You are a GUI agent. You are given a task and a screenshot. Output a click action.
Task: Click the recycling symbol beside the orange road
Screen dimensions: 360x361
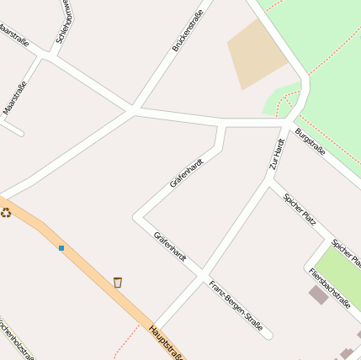(x=6, y=213)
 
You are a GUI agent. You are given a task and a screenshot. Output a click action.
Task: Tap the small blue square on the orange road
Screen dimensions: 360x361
(x=61, y=248)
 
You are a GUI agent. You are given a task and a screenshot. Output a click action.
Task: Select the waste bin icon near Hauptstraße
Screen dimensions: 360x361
(x=118, y=282)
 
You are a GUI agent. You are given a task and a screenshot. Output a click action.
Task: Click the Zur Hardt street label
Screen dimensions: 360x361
(x=277, y=155)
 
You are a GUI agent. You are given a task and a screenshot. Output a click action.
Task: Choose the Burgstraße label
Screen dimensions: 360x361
(x=310, y=140)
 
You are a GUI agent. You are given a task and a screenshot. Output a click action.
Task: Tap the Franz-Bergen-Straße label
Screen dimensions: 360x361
(x=236, y=304)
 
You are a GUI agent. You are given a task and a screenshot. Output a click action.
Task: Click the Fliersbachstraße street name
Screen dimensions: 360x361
(x=329, y=289)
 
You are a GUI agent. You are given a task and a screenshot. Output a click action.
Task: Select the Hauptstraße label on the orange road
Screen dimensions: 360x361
(x=166, y=341)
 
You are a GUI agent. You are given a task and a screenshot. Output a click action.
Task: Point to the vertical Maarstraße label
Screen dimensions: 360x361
(x=16, y=97)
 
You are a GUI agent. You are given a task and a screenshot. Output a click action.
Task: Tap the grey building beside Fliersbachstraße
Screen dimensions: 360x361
(x=318, y=294)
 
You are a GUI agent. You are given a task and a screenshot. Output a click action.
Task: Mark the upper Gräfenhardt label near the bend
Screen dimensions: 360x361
(x=187, y=172)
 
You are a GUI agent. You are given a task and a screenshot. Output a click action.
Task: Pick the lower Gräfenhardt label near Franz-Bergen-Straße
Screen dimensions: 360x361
(x=170, y=246)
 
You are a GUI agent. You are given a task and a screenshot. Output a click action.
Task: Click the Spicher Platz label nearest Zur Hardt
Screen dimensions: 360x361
(x=300, y=210)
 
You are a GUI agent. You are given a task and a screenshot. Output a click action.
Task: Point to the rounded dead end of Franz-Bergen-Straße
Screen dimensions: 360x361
(x=268, y=335)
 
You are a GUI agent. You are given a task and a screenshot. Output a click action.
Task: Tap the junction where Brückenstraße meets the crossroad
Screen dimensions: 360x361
(x=133, y=109)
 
